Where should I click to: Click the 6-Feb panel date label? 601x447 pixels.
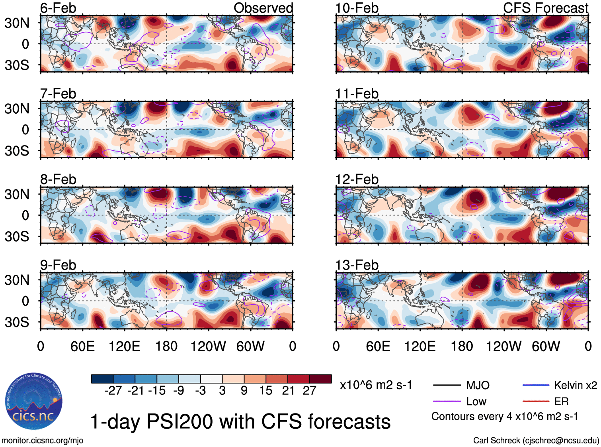(x=58, y=8)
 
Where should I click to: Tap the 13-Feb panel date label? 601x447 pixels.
(x=357, y=265)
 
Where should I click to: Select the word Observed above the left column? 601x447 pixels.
(x=263, y=8)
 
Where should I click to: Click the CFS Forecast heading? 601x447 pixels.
(x=545, y=8)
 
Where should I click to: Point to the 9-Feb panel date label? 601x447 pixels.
(x=58, y=265)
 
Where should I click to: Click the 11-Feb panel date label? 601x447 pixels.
(x=357, y=94)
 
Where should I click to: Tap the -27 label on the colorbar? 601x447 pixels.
(x=113, y=390)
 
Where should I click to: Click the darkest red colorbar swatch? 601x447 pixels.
(x=320, y=379)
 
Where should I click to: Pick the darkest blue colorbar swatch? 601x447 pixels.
(x=102, y=379)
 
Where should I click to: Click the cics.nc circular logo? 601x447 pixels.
(x=34, y=402)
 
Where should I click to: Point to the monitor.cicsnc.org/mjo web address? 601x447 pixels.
(x=43, y=440)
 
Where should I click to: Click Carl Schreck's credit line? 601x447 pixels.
(x=536, y=440)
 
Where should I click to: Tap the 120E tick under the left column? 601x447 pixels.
(x=125, y=346)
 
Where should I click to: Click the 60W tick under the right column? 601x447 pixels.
(x=546, y=346)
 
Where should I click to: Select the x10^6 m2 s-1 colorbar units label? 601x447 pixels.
(x=376, y=385)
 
